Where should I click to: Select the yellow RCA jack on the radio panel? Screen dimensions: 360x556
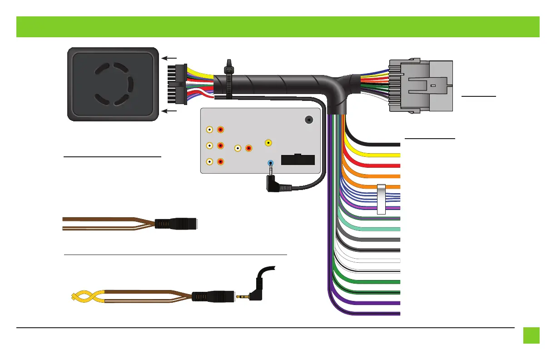(269, 143)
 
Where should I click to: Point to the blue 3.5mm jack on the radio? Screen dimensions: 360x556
(271, 163)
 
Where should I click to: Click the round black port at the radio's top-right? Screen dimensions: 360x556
(308, 120)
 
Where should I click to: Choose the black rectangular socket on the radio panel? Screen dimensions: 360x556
(298, 160)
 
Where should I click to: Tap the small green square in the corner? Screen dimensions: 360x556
(531, 335)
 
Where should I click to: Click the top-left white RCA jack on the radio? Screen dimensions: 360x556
(209, 130)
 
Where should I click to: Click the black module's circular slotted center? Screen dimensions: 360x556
(112, 84)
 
